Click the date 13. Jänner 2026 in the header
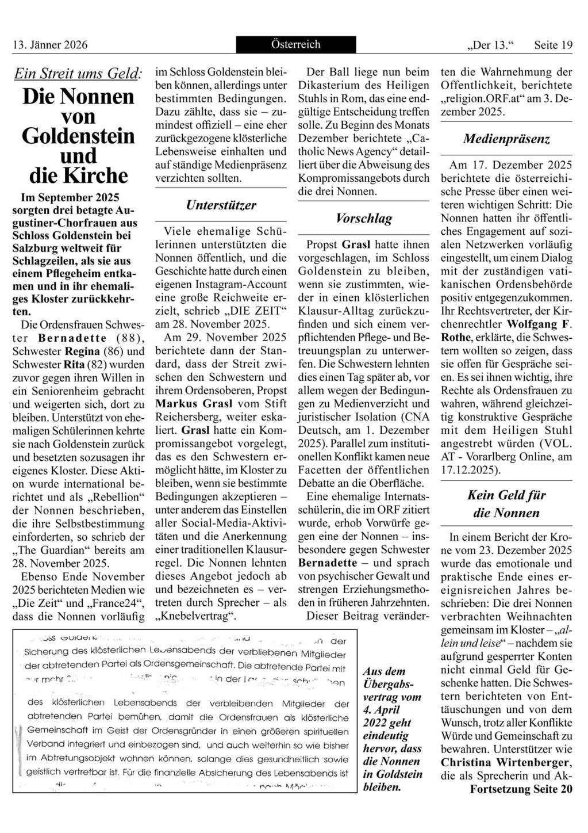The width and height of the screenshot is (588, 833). tap(50, 45)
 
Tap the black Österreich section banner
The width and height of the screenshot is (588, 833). tap(295, 44)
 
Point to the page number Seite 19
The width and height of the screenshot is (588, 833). tap(553, 45)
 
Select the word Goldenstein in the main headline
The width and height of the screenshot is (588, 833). tap(78, 136)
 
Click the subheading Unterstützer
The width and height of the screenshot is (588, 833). tap(221, 205)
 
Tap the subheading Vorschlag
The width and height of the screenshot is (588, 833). tap(364, 218)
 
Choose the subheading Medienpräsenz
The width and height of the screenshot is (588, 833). tap(506, 139)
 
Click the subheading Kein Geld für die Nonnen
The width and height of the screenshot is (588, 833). tap(506, 504)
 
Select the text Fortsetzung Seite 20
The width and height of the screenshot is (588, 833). tap(521, 789)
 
